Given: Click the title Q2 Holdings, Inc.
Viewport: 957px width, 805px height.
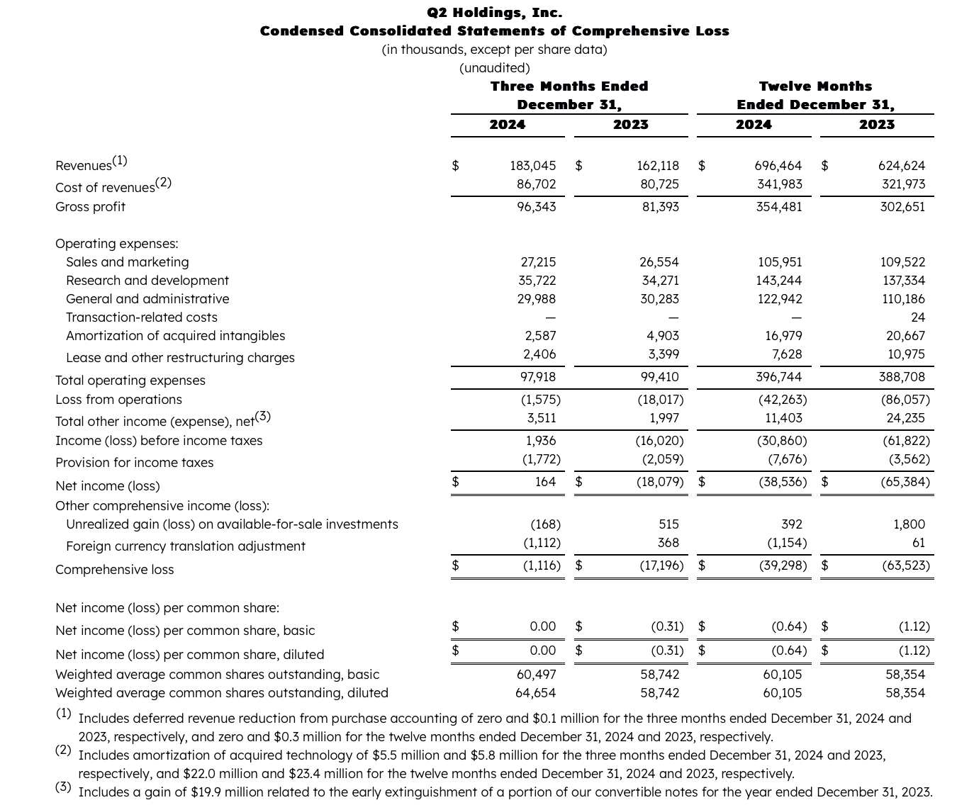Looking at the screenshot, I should pyautogui.click(x=494, y=12).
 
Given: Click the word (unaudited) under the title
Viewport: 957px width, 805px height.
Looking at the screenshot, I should pyautogui.click(x=494, y=68).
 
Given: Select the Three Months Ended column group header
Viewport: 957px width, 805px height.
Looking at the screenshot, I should pyautogui.click(x=569, y=86).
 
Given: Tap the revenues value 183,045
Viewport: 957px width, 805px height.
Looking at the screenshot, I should pyautogui.click(x=532, y=166).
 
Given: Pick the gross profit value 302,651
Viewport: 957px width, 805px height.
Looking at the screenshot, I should pyautogui.click(x=902, y=207).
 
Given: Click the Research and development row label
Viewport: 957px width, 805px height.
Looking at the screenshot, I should pyautogui.click(x=147, y=281).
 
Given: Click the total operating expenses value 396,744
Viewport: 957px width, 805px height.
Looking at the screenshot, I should pyautogui.click(x=779, y=377).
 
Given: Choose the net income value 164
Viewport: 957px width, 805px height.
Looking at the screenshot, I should pyautogui.click(x=545, y=482).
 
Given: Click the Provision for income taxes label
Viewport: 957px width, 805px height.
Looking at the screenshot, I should pyautogui.click(x=134, y=463).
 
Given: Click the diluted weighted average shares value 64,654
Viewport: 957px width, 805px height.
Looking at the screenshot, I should pyautogui.click(x=535, y=693).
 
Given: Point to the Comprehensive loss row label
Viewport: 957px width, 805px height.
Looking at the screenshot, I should pyautogui.click(x=114, y=570).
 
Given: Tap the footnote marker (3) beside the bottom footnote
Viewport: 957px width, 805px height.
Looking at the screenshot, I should pyautogui.click(x=63, y=787).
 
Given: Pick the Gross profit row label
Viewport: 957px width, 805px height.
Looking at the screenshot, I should pyautogui.click(x=90, y=207).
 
